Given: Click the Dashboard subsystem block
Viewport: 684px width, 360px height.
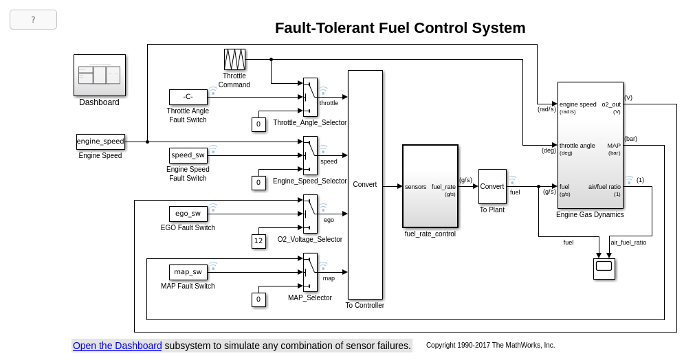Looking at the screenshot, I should [x=100, y=75].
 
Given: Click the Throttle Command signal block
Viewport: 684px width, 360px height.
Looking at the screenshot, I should [x=234, y=59].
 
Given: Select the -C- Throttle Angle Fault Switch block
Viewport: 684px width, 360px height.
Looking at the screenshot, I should [x=188, y=97].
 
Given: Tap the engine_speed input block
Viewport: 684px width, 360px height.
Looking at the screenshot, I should [x=100, y=142].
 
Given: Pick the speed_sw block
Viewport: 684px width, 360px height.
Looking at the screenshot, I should [x=188, y=155].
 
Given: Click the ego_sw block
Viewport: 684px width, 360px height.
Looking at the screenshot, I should [x=188, y=214].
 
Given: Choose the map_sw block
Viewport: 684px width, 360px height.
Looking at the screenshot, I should [x=188, y=272].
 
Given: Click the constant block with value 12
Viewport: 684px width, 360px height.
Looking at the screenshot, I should [x=258, y=241].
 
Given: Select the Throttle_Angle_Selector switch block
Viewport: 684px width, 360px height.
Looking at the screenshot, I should [x=310, y=97].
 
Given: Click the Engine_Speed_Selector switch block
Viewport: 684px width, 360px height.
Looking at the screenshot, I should [x=310, y=155].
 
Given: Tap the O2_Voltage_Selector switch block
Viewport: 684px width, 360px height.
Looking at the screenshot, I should [x=310, y=214].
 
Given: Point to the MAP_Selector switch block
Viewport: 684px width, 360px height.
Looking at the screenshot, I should [x=310, y=272].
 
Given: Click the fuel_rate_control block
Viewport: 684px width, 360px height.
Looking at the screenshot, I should [x=430, y=186].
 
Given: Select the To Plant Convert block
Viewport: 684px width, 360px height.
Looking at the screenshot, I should [x=492, y=186].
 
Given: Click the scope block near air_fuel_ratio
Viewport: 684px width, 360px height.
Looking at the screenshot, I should [x=604, y=269].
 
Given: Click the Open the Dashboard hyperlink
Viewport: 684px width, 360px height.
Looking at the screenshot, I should [x=118, y=346].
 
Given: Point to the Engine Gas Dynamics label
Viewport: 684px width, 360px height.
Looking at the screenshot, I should [x=590, y=214].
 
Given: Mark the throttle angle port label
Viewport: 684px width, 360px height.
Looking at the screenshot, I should [x=577, y=146].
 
